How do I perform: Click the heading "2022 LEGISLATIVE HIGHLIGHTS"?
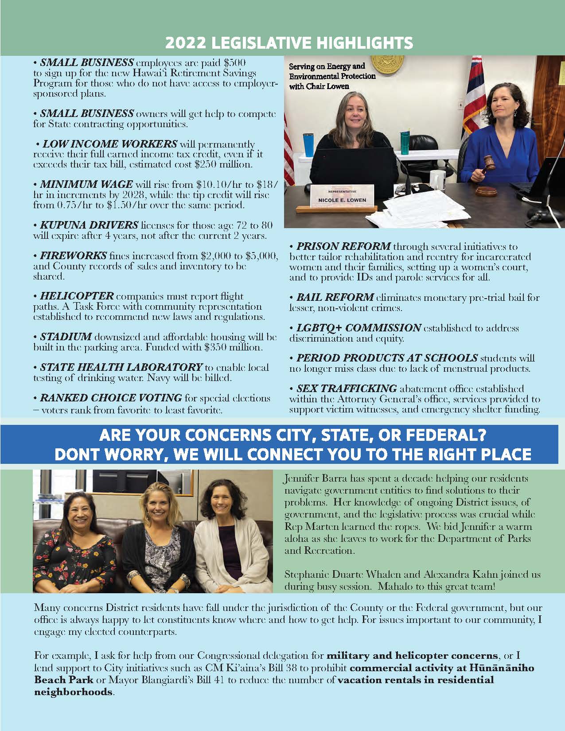click(289, 43)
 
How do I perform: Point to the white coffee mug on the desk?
click(438, 179)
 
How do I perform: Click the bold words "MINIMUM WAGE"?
click(86, 184)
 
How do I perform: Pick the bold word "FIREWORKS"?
click(74, 256)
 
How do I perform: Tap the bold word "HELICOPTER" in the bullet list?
click(77, 296)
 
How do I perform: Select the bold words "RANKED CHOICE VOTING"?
click(111, 397)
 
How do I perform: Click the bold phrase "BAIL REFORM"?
click(335, 297)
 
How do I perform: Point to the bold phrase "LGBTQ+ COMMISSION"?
click(358, 328)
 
